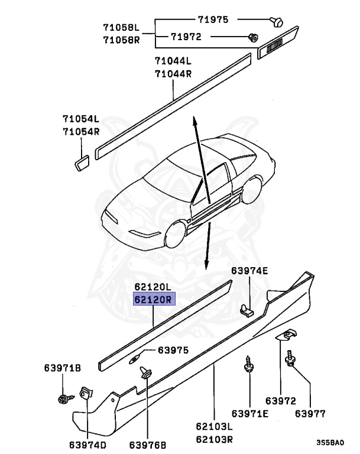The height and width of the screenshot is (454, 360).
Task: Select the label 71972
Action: click(186, 37)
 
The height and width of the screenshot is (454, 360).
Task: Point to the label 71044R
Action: click(173, 73)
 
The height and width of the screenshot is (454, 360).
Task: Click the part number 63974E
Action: click(249, 271)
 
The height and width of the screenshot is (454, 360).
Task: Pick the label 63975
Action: click(173, 351)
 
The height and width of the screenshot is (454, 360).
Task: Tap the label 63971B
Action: click(62, 368)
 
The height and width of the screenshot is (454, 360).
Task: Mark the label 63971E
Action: click(249, 413)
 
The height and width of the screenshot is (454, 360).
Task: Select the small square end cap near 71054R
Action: click(82, 161)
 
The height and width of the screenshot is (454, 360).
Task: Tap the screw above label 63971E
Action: click(249, 367)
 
